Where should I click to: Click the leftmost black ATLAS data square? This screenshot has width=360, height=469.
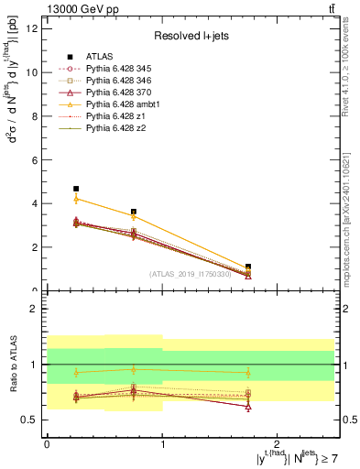click(x=76, y=189)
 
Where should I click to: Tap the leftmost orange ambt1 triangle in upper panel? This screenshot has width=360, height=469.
click(x=76, y=199)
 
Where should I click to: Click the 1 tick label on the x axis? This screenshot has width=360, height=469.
click(x=162, y=443)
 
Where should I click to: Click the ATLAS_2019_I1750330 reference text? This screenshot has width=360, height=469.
click(x=191, y=274)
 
